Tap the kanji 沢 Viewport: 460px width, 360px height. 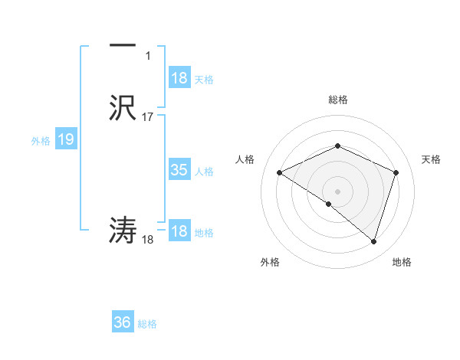pos(123,106)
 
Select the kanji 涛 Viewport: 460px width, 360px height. pos(123,230)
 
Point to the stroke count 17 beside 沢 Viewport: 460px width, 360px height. pos(148,117)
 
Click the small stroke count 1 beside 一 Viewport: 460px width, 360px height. pos(148,56)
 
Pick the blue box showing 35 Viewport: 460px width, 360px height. pos(179,170)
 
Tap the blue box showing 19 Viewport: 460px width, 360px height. pos(66,139)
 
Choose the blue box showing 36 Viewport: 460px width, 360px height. pos(123,322)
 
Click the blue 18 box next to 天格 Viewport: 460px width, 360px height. pos(179,78)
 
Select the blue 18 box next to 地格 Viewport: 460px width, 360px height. pos(179,231)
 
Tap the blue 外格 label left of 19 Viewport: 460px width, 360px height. pos(41,140)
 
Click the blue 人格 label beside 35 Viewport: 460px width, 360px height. pos(205,171)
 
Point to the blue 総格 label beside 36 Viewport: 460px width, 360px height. pos(148,323)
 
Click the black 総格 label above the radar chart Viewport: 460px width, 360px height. pos(337,100)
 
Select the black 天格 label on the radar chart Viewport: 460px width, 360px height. pos(431,159)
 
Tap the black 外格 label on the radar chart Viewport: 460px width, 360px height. pos(270,262)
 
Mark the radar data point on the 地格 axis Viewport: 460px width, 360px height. pos(374,242)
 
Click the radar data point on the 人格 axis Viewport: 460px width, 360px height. pos(280,173)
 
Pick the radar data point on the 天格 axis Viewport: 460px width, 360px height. pos(396,172)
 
